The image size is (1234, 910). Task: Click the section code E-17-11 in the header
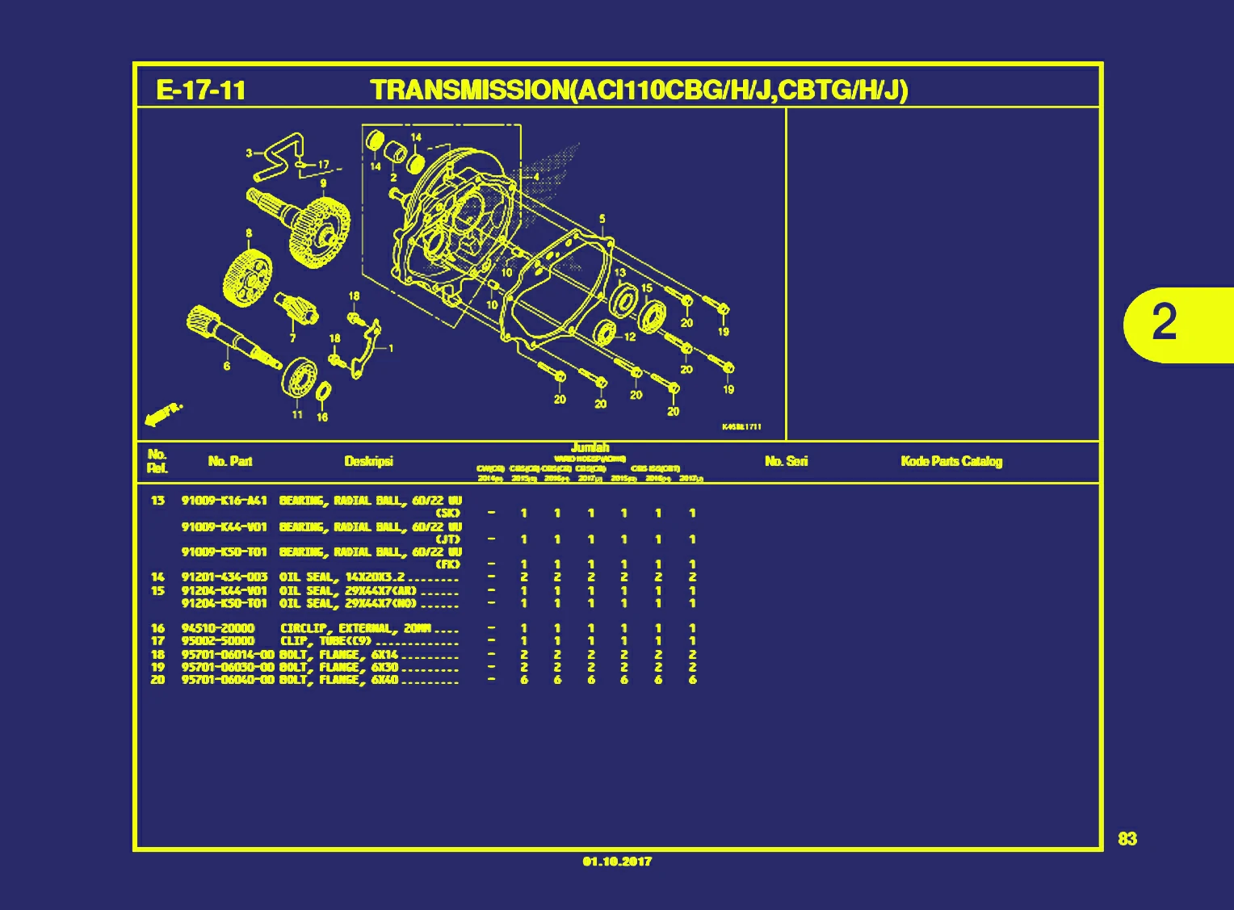(201, 90)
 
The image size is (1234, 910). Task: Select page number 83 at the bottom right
(1127, 839)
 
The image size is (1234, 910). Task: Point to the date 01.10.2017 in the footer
(617, 862)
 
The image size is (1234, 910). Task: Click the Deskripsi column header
(368, 461)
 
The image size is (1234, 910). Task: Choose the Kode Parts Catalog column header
(951, 461)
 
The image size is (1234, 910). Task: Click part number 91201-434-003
(225, 577)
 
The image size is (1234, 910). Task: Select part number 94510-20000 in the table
(218, 628)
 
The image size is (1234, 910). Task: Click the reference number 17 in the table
(157, 641)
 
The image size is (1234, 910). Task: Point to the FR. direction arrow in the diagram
(162, 414)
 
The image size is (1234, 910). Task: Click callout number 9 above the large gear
(323, 183)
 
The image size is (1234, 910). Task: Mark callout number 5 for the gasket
(602, 219)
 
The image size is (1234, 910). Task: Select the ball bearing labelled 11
(300, 377)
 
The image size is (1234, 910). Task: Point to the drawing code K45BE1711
(741, 427)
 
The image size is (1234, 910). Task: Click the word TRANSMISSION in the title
(470, 90)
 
